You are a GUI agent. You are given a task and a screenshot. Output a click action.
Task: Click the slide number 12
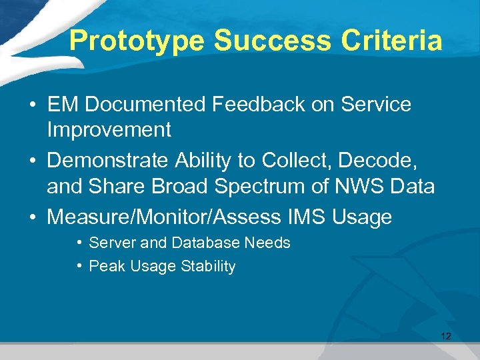pos(446,336)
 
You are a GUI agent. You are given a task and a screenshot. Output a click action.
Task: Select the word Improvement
pos(109,129)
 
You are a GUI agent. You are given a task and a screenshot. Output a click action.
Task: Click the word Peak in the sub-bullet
pos(104,266)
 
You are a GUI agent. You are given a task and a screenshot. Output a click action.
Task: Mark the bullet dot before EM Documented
pos(32,105)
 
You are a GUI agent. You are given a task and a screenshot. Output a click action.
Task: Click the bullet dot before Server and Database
pos(79,243)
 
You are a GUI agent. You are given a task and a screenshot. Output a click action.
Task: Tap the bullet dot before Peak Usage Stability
pos(79,266)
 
